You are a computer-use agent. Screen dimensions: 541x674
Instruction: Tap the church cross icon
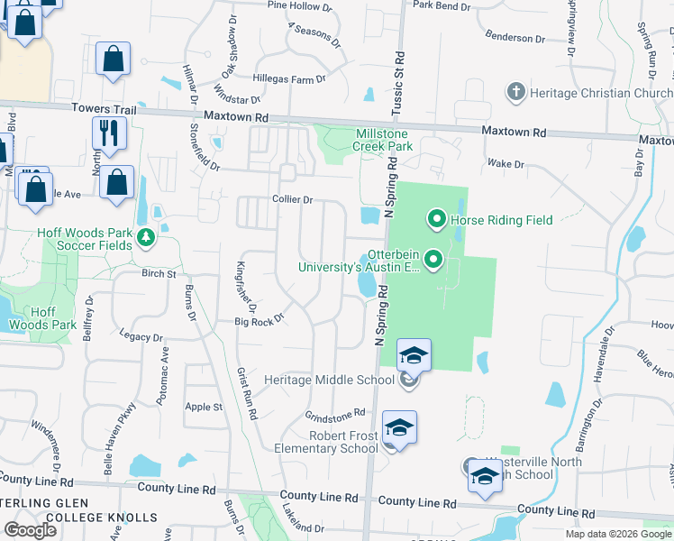515,92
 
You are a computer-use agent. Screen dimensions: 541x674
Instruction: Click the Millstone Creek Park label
382,139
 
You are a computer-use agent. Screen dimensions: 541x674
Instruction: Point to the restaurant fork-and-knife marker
109,133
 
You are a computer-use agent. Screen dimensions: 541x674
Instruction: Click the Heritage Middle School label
329,380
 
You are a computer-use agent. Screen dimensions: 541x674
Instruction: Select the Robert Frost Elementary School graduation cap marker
399,428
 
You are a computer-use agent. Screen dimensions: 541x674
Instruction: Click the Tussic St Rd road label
396,87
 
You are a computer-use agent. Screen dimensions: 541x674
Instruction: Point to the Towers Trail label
105,109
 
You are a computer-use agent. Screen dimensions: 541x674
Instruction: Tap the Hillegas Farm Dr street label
288,79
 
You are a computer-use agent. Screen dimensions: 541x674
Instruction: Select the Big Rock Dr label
260,318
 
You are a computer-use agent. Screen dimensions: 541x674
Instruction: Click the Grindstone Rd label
334,415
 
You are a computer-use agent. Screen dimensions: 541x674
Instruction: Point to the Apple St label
204,407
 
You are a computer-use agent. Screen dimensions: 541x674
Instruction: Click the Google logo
31,530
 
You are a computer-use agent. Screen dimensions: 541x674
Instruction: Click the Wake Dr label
505,164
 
